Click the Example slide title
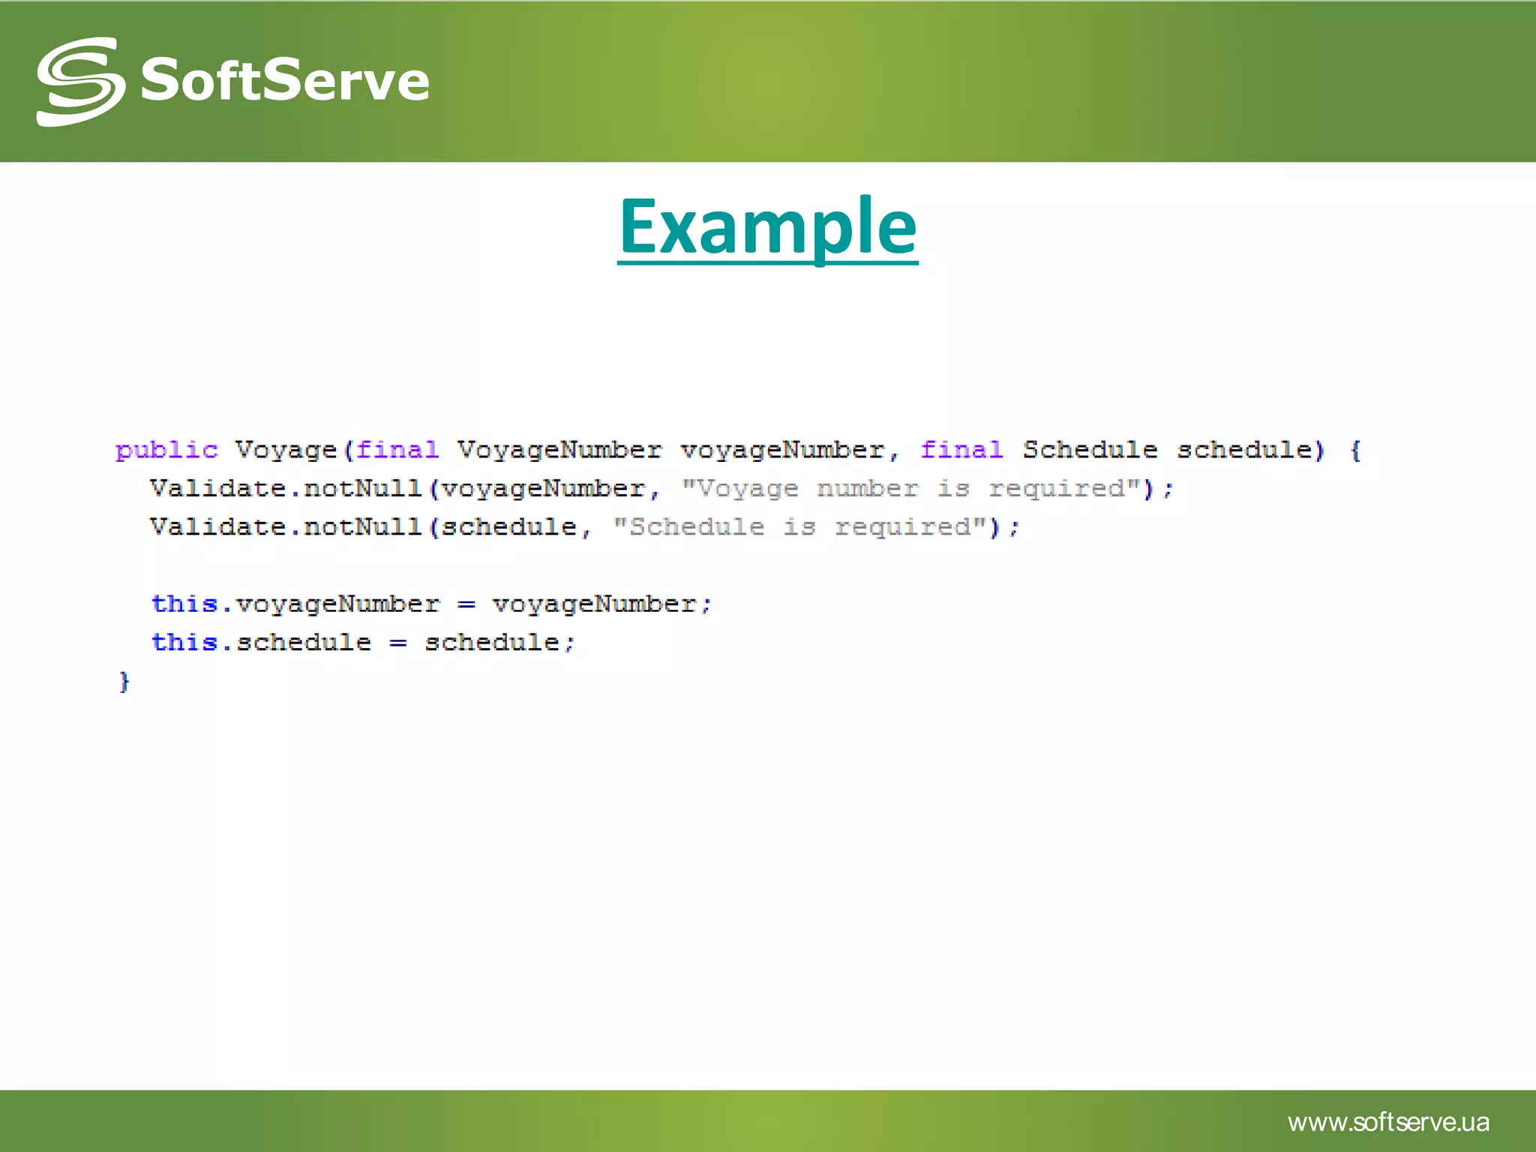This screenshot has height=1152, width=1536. [x=767, y=226]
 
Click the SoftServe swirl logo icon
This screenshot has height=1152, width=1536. [x=80, y=81]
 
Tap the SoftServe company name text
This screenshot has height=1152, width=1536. [x=285, y=80]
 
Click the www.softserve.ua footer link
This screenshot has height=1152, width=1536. [x=1388, y=1122]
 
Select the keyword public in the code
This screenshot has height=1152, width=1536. [x=166, y=450]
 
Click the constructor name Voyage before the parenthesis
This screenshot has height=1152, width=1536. [x=286, y=450]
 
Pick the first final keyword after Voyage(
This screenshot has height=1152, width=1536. [x=397, y=450]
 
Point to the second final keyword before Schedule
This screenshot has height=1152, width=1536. [x=961, y=450]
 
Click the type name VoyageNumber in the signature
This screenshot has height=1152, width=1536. [x=559, y=450]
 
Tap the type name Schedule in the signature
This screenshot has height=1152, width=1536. [x=1090, y=450]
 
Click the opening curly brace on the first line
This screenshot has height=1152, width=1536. [x=1355, y=451]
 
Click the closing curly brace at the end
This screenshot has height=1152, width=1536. [x=124, y=682]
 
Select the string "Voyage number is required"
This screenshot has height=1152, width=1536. [x=911, y=489]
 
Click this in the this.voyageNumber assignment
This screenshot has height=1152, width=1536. [x=184, y=604]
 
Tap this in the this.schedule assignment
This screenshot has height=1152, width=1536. [x=184, y=642]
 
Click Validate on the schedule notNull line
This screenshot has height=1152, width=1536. [x=217, y=527]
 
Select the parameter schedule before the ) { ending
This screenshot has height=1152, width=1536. [x=1244, y=450]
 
